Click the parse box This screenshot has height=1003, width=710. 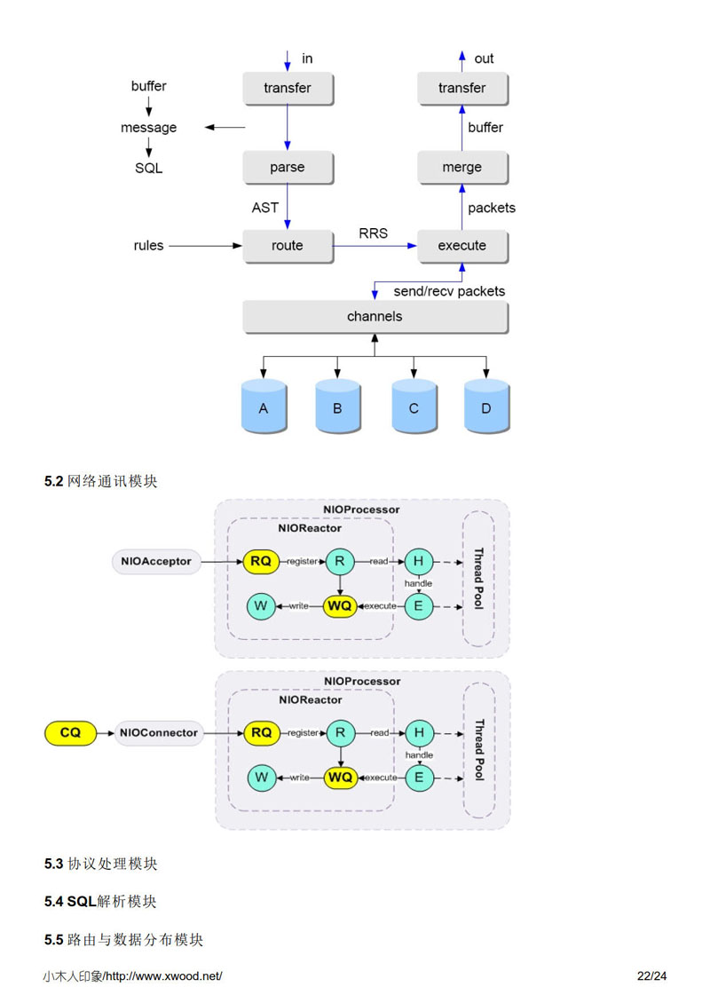(x=288, y=167)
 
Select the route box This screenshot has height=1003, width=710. (x=288, y=246)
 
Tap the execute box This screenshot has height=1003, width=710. (x=462, y=246)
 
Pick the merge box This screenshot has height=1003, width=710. (x=462, y=167)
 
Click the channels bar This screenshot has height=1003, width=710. (x=375, y=317)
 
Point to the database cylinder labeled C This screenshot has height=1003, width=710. (x=414, y=408)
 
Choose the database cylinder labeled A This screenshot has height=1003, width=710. (x=264, y=408)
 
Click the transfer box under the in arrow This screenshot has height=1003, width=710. (x=288, y=88)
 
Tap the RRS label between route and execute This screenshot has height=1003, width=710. (x=373, y=233)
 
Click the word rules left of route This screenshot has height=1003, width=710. (x=148, y=246)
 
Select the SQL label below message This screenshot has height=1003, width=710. (x=148, y=168)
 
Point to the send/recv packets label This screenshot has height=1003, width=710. (x=449, y=291)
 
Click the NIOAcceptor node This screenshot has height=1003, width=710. (x=156, y=561)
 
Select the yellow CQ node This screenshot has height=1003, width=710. (x=70, y=732)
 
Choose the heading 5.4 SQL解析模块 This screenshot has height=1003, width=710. (x=101, y=901)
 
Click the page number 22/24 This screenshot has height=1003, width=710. (x=651, y=976)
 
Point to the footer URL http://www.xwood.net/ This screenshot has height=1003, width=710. (x=163, y=976)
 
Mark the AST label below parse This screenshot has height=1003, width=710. (x=265, y=208)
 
